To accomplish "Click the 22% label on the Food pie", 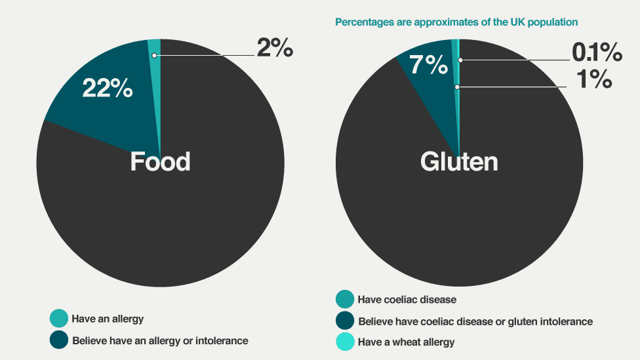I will tap(108, 87).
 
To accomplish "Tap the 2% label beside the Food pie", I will tap(274, 48).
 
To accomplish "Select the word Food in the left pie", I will tap(160, 161).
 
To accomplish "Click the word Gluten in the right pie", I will tap(459, 161).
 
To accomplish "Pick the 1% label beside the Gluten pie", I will tap(593, 79).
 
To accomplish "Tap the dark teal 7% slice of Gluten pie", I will tap(436, 92).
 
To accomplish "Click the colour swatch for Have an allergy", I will tap(58, 319).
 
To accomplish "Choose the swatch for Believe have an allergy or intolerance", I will tap(58, 340).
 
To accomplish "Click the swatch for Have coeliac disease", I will tap(344, 300).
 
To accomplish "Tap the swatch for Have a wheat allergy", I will tap(344, 342).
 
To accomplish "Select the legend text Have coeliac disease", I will tap(407, 300).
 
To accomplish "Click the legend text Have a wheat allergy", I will tap(406, 342).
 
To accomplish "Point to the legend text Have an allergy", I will tap(108, 319).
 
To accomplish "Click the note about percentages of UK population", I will tap(456, 22).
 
